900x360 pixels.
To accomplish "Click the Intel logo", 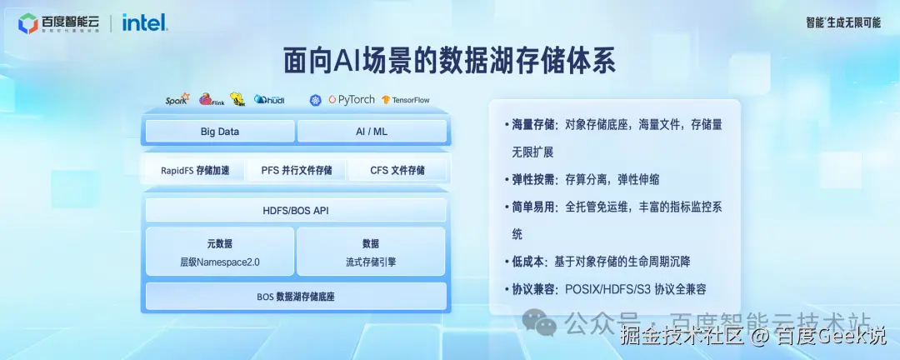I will tap(145, 22).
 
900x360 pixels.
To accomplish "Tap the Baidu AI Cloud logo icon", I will tap(27, 23).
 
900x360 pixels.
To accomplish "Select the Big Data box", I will tap(219, 132).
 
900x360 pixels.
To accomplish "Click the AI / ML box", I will tap(372, 132).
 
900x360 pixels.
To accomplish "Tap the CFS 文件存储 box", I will tap(397, 170).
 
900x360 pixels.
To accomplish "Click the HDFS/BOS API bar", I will tap(296, 210).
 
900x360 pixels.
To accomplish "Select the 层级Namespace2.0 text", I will tap(220, 262).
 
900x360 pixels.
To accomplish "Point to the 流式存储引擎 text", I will tap(371, 262).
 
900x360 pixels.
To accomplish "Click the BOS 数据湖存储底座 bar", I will tap(296, 297).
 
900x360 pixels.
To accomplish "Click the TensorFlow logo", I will tap(406, 100).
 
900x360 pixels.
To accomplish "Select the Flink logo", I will tap(212, 99).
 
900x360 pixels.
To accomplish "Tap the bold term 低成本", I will tap(527, 261).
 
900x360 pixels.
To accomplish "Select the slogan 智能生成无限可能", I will tap(843, 22).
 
